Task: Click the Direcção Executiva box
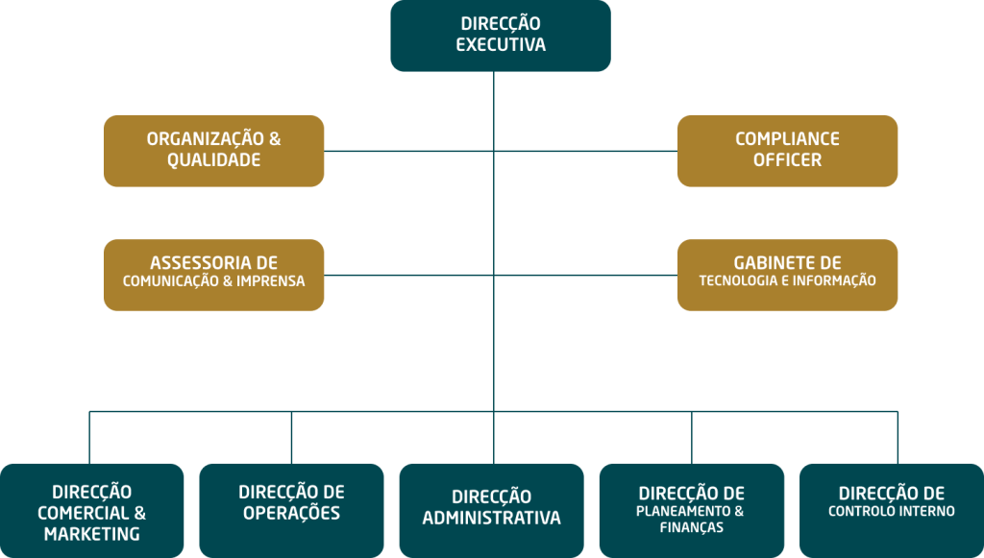pyautogui.click(x=500, y=36)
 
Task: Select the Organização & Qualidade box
pyautogui.click(x=213, y=151)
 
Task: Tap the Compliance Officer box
pyautogui.click(x=787, y=151)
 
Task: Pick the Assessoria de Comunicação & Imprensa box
pyautogui.click(x=213, y=275)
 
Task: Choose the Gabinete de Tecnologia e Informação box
pyautogui.click(x=787, y=275)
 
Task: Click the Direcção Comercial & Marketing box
pyautogui.click(x=92, y=511)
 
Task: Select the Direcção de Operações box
pyautogui.click(x=291, y=511)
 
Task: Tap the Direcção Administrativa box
pyautogui.click(x=491, y=511)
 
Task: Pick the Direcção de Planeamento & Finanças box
pyautogui.click(x=691, y=511)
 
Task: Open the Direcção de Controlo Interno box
pyautogui.click(x=891, y=511)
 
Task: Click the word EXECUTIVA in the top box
pyautogui.click(x=501, y=45)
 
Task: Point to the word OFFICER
pyautogui.click(x=787, y=160)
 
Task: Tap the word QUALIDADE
pyautogui.click(x=213, y=160)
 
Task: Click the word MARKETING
pyautogui.click(x=92, y=534)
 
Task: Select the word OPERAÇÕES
pyautogui.click(x=291, y=514)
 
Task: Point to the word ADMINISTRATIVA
pyautogui.click(x=491, y=519)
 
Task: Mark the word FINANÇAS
pyautogui.click(x=691, y=527)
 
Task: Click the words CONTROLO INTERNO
pyautogui.click(x=891, y=512)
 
